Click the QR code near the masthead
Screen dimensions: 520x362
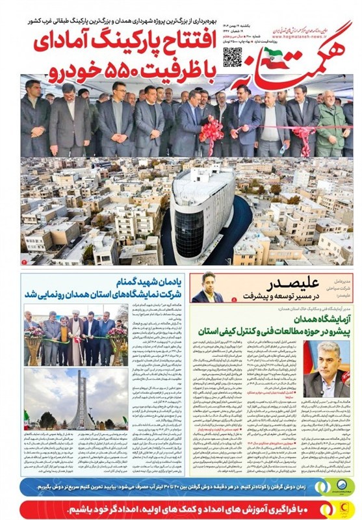pyautogui.click(x=232, y=58)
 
